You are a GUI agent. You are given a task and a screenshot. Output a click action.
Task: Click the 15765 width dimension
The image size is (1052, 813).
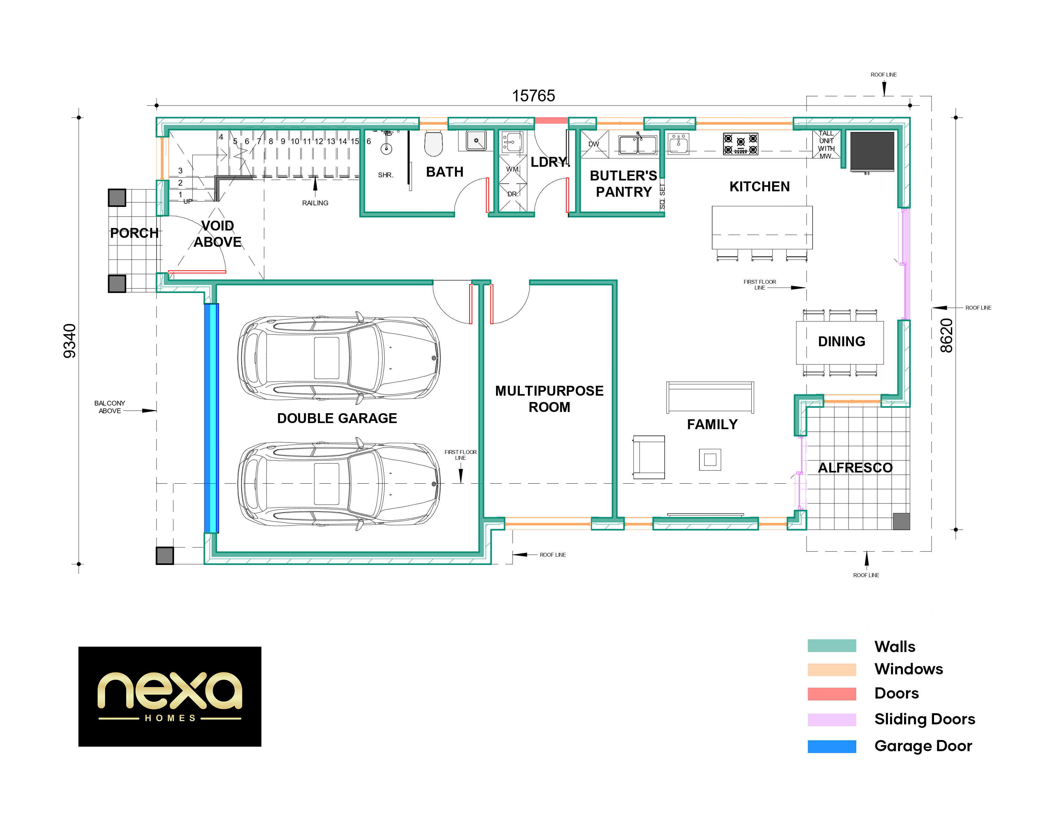[533, 96]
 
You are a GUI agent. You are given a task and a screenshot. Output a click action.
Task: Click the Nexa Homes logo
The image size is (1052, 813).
[170, 696]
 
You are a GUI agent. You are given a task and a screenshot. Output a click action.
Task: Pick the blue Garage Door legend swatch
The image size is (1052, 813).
[831, 746]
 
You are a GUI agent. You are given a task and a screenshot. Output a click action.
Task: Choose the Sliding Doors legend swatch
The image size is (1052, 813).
[831, 720]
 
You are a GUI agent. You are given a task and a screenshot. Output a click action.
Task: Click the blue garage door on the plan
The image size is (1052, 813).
[211, 418]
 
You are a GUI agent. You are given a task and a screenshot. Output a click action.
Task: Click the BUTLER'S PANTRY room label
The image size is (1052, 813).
[623, 184]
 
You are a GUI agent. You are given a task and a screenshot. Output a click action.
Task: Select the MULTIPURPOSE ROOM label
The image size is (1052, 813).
[549, 399]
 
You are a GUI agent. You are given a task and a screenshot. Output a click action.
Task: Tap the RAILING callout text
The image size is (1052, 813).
[315, 203]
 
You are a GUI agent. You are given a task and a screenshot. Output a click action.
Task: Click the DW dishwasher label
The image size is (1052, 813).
[594, 144]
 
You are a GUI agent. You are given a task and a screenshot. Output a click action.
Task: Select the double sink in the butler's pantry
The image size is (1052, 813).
[638, 144]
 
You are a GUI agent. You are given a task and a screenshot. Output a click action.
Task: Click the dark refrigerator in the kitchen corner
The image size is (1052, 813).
[872, 151]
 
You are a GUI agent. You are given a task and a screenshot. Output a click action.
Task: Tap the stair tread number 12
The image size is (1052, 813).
[319, 142]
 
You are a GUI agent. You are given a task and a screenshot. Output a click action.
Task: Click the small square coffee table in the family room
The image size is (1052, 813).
[710, 459]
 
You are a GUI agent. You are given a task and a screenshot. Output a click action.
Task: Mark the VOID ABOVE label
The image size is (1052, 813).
[218, 234]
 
